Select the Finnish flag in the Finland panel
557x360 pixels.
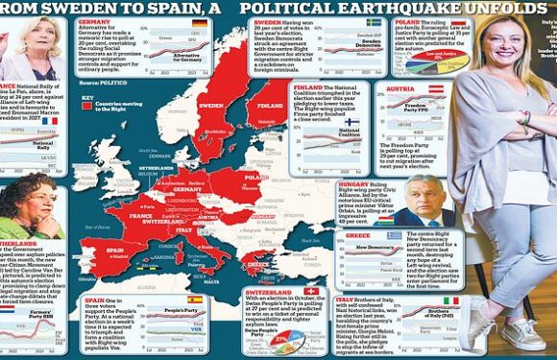tap(351, 123)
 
